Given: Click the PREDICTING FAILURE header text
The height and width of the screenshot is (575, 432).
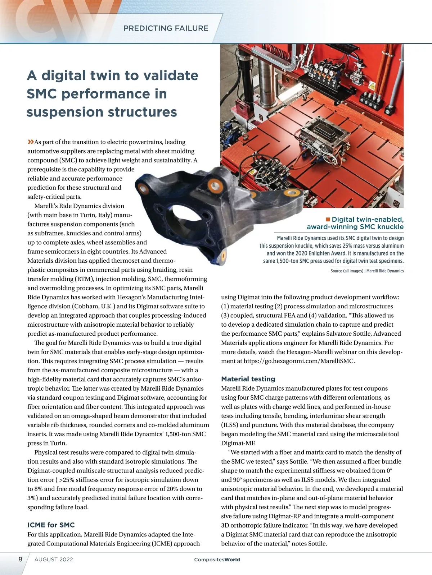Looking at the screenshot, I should [x=166, y=28].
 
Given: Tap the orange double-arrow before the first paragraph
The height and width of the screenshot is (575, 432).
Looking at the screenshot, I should [x=31, y=142].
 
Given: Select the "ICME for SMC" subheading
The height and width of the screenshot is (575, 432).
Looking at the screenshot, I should [x=51, y=525].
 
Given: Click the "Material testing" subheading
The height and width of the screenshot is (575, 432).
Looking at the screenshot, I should [x=248, y=379].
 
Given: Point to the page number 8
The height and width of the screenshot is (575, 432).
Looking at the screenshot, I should [x=21, y=559].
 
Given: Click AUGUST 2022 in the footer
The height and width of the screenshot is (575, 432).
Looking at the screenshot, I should [x=54, y=560].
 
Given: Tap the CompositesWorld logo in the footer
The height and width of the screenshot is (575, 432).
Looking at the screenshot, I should [x=217, y=560].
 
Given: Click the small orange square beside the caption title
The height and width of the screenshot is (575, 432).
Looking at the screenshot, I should [x=328, y=219].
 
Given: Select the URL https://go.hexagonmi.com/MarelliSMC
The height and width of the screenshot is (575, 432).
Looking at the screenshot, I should [x=299, y=361].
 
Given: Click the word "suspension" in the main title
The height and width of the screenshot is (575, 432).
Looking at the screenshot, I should [x=64, y=112].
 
